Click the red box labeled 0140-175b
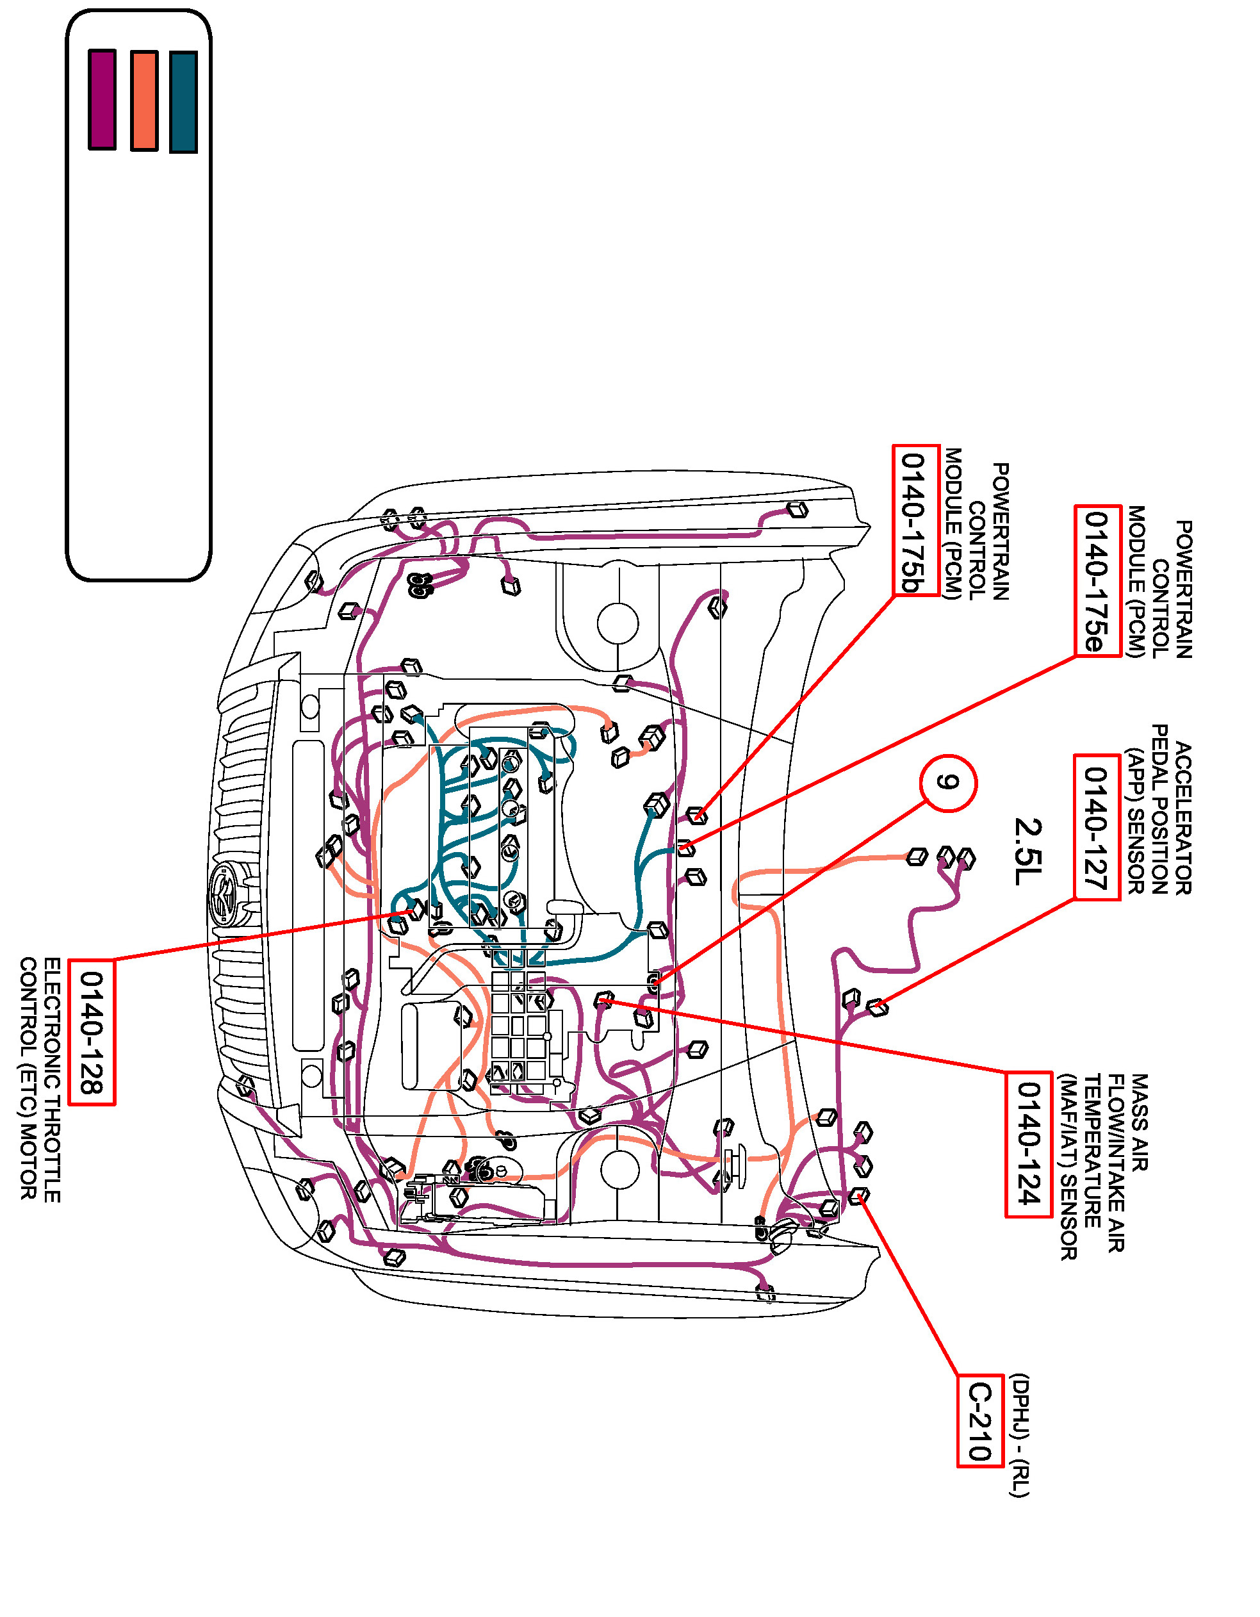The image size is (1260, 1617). pyautogui.click(x=916, y=519)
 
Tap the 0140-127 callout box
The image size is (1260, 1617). pyautogui.click(x=1097, y=827)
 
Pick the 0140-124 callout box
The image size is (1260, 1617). pyautogui.click(x=1028, y=1144)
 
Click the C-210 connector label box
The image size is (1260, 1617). pyautogui.click(x=980, y=1421)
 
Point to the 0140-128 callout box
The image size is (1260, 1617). pyautogui.click(x=92, y=1032)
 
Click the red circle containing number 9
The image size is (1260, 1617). pyautogui.click(x=948, y=783)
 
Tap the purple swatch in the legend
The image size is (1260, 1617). pyautogui.click(x=102, y=99)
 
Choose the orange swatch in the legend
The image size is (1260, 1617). pyautogui.click(x=144, y=101)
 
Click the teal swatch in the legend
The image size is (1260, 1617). pyautogui.click(x=184, y=101)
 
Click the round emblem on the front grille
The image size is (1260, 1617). pyautogui.click(x=224, y=895)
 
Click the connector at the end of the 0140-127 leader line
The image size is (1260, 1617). pyautogui.click(x=878, y=1007)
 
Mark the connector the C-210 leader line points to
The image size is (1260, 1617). pyautogui.click(x=859, y=1195)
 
